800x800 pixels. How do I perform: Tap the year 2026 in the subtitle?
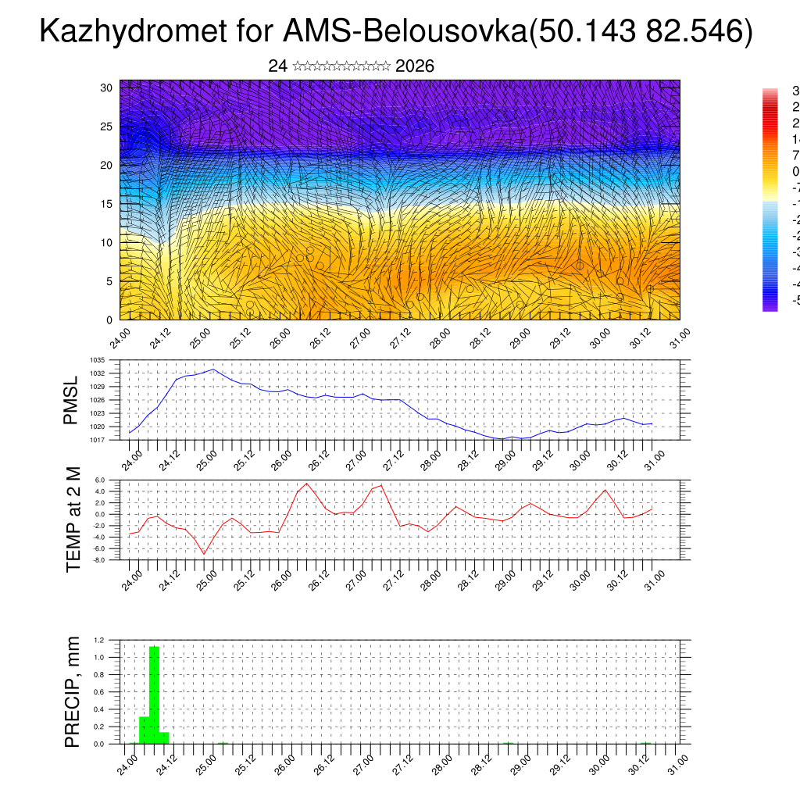pyautogui.click(x=415, y=66)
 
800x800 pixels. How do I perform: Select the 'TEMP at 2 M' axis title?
pyautogui.click(x=73, y=519)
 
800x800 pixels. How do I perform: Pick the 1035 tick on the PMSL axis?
pyautogui.click(x=98, y=360)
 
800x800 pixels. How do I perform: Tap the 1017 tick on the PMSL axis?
pyautogui.click(x=98, y=440)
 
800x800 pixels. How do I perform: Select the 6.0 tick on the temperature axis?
pyautogui.click(x=99, y=480)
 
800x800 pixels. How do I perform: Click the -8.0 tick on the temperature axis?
pyautogui.click(x=99, y=559)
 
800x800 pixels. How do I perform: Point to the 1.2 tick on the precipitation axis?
pyautogui.click(x=99, y=640)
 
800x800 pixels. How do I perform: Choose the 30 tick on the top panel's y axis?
pyautogui.click(x=107, y=88)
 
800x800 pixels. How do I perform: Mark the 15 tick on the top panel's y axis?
pyautogui.click(x=107, y=204)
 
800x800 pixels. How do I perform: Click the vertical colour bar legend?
pyautogui.click(x=770, y=199)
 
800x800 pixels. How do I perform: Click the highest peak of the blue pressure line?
pyautogui.click(x=213, y=370)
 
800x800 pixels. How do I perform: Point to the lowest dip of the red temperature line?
pyautogui.click(x=205, y=554)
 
